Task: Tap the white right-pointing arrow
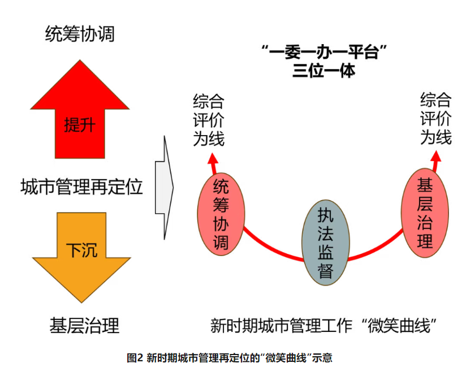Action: point(164,187)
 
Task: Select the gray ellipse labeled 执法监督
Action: point(325,244)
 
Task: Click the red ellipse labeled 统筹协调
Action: point(221,215)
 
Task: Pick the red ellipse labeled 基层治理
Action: point(425,215)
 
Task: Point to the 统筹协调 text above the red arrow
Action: point(80,34)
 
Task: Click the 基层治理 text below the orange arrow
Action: point(84,326)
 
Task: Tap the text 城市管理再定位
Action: point(81,187)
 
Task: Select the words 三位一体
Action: point(325,72)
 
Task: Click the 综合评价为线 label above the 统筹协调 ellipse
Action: point(209,120)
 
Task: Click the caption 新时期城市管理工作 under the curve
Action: point(280,326)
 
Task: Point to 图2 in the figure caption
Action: point(135,358)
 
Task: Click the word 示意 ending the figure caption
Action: point(324,358)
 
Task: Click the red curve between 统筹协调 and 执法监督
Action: point(271,249)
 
